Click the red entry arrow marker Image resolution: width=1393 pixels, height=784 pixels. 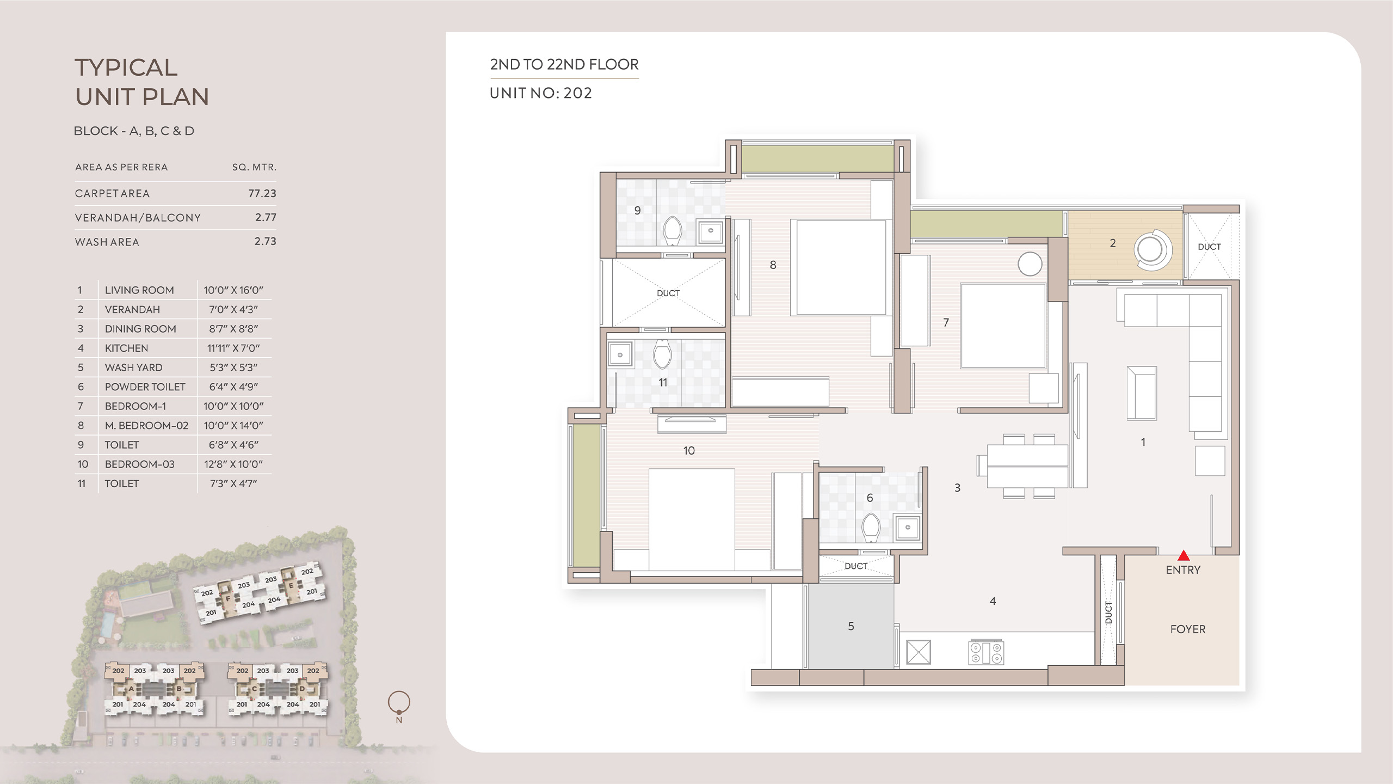pyautogui.click(x=1184, y=555)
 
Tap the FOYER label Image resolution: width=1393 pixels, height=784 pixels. pyautogui.click(x=1188, y=629)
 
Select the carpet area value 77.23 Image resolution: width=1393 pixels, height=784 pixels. pyautogui.click(x=262, y=193)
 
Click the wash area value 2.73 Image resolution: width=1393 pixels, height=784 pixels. pyautogui.click(x=266, y=241)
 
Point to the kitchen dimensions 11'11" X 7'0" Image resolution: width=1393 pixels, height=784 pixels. pyautogui.click(x=233, y=348)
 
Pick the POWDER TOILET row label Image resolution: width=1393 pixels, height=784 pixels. pyautogui.click(x=145, y=387)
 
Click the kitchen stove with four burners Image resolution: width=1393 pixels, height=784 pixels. pyautogui.click(x=986, y=652)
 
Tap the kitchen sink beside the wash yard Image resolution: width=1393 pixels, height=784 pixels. pyautogui.click(x=919, y=652)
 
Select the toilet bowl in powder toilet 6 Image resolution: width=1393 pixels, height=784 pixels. pyautogui.click(x=871, y=527)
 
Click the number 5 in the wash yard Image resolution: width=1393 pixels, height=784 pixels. pyautogui.click(x=851, y=627)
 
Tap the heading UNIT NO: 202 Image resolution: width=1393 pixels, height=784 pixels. pyautogui.click(x=541, y=93)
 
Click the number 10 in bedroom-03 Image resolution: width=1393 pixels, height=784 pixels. pyautogui.click(x=689, y=451)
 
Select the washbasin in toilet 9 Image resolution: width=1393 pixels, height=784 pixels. pyautogui.click(x=711, y=231)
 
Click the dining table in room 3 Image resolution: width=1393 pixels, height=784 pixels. pyautogui.click(x=1027, y=466)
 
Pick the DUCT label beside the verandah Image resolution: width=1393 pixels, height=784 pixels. pyautogui.click(x=1210, y=247)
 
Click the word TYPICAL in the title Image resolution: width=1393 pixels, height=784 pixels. pyautogui.click(x=126, y=68)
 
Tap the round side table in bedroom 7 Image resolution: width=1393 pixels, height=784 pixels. pyautogui.click(x=1030, y=264)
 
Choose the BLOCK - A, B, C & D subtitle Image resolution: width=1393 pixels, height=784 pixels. pyautogui.click(x=134, y=131)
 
